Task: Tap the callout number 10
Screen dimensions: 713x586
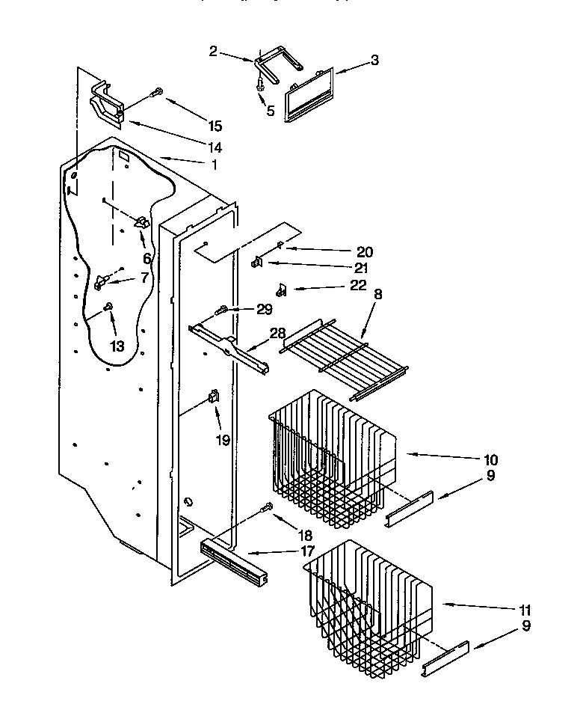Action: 490,459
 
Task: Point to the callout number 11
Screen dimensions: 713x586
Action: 526,610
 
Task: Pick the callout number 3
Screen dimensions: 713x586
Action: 374,61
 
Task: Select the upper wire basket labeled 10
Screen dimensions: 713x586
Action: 329,456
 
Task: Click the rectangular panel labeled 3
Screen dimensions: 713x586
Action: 308,94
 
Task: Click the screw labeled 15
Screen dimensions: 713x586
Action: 157,94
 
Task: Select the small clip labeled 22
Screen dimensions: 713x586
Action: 282,288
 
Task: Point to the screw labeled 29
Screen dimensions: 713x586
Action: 221,310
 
